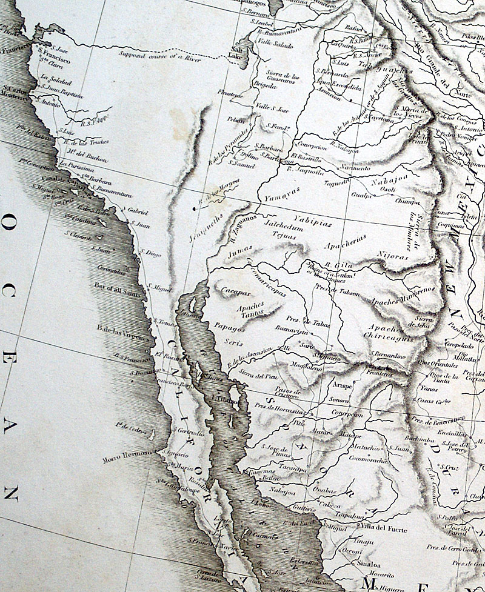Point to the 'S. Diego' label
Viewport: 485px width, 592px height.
pyautogui.click(x=152, y=253)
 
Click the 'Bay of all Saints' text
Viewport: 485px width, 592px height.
pyautogui.click(x=117, y=287)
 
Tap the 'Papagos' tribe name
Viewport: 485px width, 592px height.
pyautogui.click(x=227, y=328)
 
